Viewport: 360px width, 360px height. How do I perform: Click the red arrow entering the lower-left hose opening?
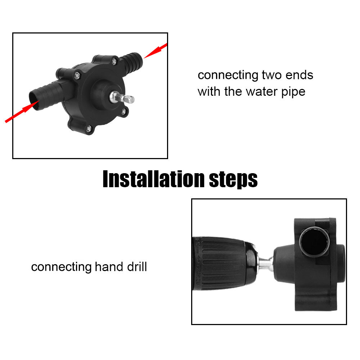pos(20,113)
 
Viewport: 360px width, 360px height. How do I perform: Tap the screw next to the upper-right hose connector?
pos(114,62)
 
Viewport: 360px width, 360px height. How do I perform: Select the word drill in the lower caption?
pos(136,267)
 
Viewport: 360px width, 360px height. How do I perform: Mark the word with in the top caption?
pos(209,91)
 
